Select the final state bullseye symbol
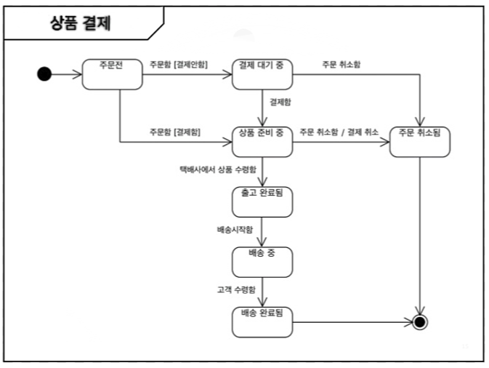click(x=419, y=321)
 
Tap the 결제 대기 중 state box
click(x=262, y=73)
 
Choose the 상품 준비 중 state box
click(x=262, y=141)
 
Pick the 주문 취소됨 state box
click(x=420, y=141)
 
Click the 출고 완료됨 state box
click(x=262, y=201)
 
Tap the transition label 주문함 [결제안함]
click(x=178, y=65)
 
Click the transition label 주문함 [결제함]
click(x=175, y=132)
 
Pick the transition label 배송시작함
click(x=235, y=230)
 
